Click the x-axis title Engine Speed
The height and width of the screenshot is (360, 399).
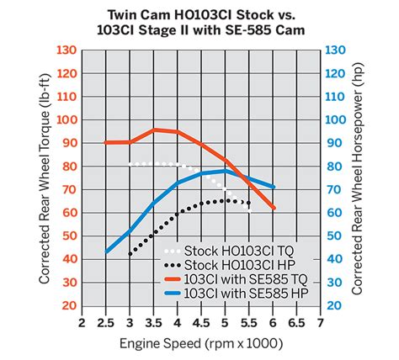tap(201, 344)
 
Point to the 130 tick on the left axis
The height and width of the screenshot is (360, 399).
tap(66, 50)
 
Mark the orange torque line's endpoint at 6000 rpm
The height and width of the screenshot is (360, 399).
tap(274, 207)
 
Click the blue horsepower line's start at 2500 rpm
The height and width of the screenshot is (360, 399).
tap(107, 251)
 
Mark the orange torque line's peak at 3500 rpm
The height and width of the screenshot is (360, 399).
tap(154, 130)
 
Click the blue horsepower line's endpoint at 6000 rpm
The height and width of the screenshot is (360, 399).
tap(274, 187)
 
